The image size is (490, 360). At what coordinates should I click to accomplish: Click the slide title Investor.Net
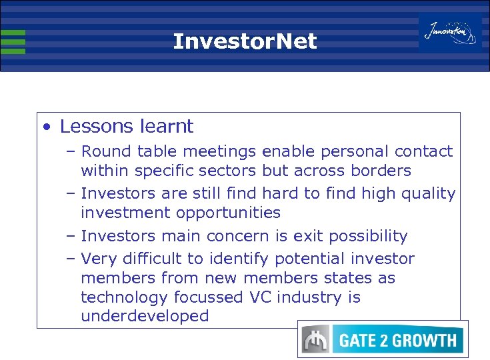point(245,42)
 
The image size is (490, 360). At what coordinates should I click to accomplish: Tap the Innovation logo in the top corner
point(451,32)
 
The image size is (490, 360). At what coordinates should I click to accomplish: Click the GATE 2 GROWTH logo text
point(398,341)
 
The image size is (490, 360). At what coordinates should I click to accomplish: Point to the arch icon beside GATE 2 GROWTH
point(315,341)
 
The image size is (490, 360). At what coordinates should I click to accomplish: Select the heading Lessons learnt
point(127,126)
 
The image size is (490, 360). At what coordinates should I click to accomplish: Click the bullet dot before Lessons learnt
point(45,127)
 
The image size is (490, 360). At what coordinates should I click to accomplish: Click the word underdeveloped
point(145,316)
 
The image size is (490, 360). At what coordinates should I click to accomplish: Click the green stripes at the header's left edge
point(13,41)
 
